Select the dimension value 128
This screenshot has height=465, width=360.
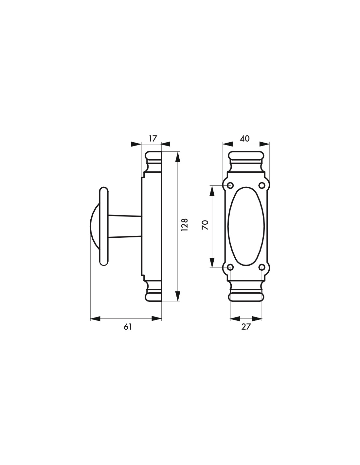184,224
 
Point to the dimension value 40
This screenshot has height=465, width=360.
244,138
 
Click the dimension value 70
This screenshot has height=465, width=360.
205,225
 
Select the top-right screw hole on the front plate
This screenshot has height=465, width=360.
261,185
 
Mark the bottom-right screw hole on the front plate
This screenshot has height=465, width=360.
261,267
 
